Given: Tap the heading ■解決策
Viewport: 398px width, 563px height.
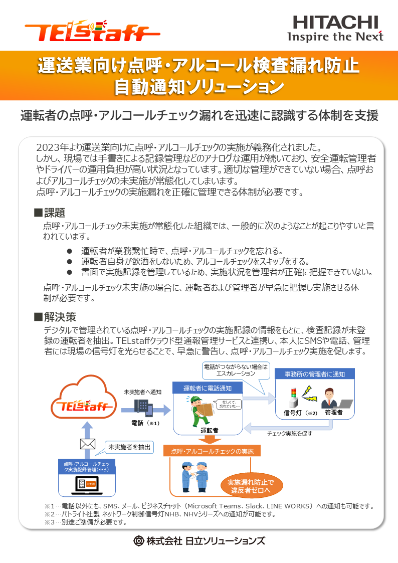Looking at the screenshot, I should tap(55, 317).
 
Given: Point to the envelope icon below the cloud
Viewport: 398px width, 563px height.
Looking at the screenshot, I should tap(87, 444).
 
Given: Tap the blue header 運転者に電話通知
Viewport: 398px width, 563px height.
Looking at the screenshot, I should tap(207, 388).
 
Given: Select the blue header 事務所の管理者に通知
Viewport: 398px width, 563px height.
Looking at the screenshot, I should tap(314, 373).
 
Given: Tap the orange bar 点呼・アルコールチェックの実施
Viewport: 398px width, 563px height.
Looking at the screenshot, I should tap(213, 451).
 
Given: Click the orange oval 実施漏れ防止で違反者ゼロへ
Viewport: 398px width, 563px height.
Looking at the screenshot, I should tap(251, 486).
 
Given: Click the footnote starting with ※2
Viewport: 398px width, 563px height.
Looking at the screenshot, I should tap(160, 514).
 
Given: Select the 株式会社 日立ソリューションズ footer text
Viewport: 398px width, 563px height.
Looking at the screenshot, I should tap(199, 540).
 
